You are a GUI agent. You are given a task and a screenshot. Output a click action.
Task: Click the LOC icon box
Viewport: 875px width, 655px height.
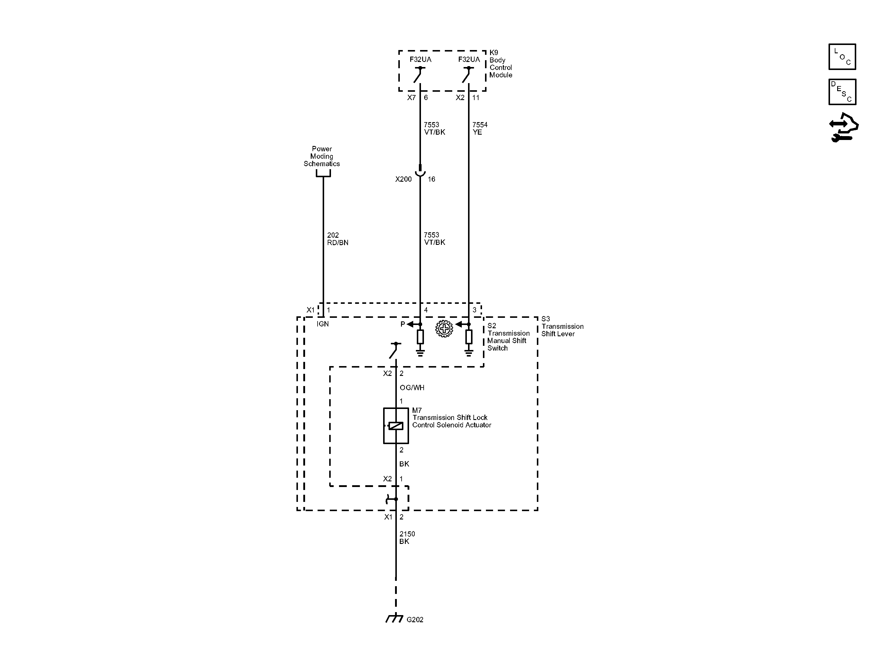[x=842, y=57]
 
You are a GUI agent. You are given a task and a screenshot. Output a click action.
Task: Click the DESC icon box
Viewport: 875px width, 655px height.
[x=842, y=92]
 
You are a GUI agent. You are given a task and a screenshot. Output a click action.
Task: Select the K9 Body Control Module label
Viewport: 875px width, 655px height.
[x=501, y=64]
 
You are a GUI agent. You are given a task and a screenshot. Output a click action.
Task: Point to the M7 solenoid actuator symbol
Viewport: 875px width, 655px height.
[x=396, y=426]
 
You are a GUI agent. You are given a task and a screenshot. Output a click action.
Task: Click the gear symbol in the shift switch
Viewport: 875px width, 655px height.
[x=444, y=329]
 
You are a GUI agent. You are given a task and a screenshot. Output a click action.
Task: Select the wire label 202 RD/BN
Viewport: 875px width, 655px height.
[x=338, y=239]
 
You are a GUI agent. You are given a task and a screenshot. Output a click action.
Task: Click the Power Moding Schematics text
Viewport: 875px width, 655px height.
[x=321, y=156]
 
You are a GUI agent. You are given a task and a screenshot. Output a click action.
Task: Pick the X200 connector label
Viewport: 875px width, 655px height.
[x=403, y=179]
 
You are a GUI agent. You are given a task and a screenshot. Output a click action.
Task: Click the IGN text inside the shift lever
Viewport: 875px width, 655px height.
[x=323, y=324]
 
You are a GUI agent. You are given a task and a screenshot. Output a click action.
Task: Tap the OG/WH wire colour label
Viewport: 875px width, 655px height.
[x=412, y=388]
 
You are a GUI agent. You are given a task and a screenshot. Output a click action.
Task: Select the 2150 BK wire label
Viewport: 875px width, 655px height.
[x=407, y=538]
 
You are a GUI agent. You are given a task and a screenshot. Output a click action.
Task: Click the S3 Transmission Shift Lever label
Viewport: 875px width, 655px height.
[x=562, y=326]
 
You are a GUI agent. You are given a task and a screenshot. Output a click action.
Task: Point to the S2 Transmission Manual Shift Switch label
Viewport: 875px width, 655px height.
[x=508, y=337]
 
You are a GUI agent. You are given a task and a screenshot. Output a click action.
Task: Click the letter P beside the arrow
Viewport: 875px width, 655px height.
[x=403, y=324]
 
